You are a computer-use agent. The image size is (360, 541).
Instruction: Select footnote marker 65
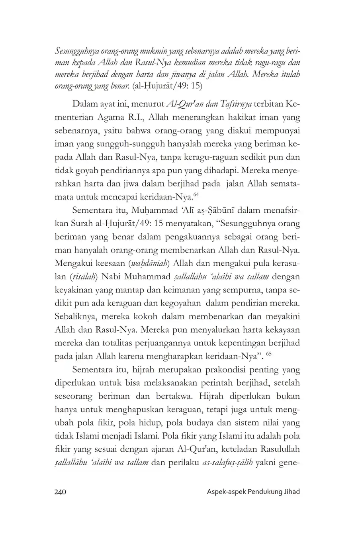(268, 353)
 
